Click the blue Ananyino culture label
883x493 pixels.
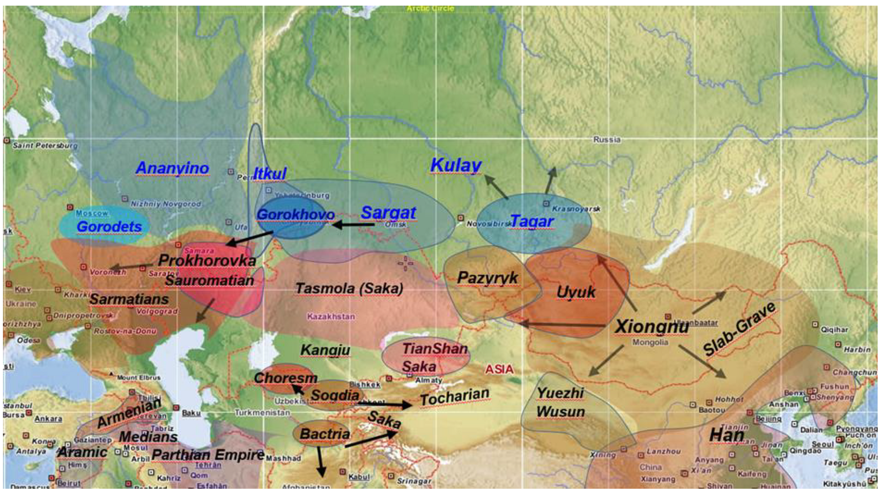(x=172, y=168)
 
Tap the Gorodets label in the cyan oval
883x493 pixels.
(x=109, y=226)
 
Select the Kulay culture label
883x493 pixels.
(x=455, y=165)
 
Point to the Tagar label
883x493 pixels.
(x=531, y=221)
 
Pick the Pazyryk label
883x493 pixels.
(x=487, y=278)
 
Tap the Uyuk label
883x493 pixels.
(x=576, y=292)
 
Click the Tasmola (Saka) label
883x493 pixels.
(x=349, y=288)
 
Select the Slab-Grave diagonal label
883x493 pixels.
(x=739, y=330)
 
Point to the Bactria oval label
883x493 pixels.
(x=324, y=434)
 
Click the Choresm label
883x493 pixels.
(x=285, y=378)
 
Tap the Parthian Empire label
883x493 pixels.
(x=208, y=455)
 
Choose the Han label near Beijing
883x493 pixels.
(x=726, y=435)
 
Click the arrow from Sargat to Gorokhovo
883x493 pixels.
(x=352, y=224)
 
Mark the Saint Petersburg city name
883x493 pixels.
(x=45, y=145)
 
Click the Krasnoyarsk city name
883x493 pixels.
(x=576, y=209)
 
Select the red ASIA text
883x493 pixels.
(x=499, y=369)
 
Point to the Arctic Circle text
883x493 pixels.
(x=430, y=9)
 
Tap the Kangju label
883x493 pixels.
(x=325, y=350)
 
